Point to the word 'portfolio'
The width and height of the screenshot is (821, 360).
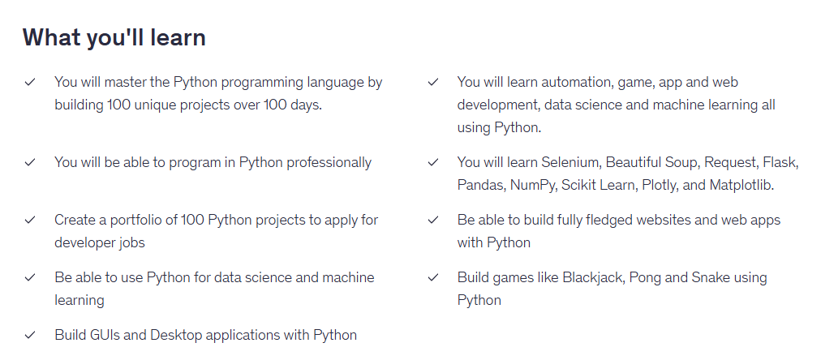136,220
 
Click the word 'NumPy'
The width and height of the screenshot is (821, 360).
533,186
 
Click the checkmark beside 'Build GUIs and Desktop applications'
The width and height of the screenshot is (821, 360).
30,335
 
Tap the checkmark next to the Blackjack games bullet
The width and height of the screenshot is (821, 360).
433,277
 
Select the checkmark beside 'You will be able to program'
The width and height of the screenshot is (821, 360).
30,162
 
